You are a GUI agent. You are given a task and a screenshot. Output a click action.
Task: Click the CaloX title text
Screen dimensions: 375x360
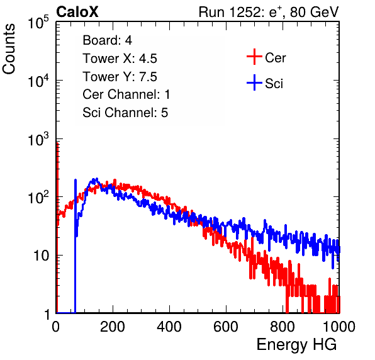click(77, 12)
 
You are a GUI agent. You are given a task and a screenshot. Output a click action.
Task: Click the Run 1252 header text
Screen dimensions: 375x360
click(269, 12)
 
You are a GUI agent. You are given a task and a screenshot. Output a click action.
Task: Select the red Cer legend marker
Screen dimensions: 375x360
click(254, 57)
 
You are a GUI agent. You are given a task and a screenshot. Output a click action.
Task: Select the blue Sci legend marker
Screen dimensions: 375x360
click(254, 82)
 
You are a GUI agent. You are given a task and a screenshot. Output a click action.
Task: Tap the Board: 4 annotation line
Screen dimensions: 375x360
click(107, 40)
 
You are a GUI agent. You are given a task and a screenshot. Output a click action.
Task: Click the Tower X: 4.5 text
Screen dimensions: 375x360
click(120, 59)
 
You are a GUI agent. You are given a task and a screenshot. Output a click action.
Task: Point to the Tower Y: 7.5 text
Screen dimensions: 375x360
click(120, 77)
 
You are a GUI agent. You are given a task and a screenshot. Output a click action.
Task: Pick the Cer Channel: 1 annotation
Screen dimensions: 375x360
click(126, 94)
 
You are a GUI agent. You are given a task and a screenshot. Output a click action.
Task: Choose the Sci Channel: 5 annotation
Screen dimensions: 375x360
click(125, 113)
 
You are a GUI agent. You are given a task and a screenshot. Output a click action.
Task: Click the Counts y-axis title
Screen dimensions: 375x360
click(9, 49)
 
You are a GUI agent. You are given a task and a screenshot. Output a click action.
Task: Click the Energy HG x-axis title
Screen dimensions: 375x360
click(296, 345)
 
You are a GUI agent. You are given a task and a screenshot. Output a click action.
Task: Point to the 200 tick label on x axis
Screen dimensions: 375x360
click(113, 327)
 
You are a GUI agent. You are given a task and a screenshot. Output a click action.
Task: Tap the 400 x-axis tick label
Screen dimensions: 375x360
click(169, 327)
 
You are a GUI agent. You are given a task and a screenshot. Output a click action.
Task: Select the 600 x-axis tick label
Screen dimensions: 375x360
click(226, 327)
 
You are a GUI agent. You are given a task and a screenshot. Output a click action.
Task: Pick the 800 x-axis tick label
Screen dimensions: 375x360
click(283, 327)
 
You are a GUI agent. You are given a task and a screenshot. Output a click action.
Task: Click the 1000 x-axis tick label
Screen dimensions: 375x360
click(339, 327)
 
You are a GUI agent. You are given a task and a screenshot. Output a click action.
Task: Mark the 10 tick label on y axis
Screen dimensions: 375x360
click(41, 256)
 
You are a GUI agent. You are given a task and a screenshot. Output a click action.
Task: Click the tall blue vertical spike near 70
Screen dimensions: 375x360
click(76, 246)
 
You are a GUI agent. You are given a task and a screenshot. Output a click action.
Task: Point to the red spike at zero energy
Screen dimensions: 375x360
click(57, 228)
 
